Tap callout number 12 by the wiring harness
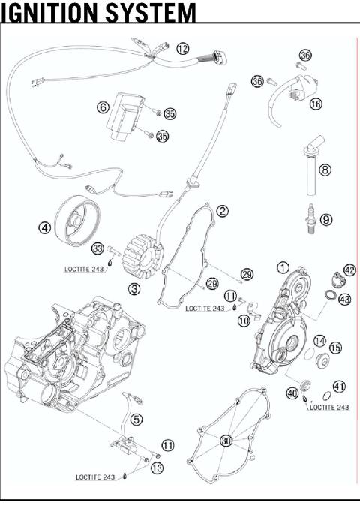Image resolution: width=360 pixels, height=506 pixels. [183, 48]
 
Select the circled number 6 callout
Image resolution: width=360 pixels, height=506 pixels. [103, 107]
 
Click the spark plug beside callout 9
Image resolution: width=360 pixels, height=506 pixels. [307, 221]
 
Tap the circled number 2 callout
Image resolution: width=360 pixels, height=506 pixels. [222, 211]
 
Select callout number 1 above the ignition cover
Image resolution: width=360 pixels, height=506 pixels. [283, 267]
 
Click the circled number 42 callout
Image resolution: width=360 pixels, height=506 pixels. [349, 270]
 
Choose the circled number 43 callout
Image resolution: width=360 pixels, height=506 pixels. [344, 299]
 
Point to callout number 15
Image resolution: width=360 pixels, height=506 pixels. [335, 348]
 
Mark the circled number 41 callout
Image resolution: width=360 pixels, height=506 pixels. [339, 386]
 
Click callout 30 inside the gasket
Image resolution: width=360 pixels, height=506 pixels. [226, 441]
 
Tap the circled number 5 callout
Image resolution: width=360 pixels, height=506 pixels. [136, 419]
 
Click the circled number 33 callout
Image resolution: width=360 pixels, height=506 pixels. [97, 248]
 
